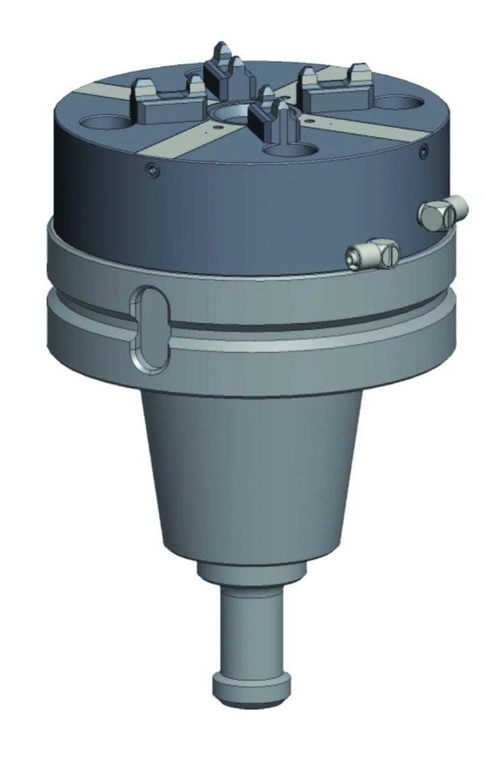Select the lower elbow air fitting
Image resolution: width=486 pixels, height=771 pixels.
372,253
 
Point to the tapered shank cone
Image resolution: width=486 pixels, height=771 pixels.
250,471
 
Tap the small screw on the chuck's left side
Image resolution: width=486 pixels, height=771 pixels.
153,173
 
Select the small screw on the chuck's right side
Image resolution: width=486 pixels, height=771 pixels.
423,152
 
